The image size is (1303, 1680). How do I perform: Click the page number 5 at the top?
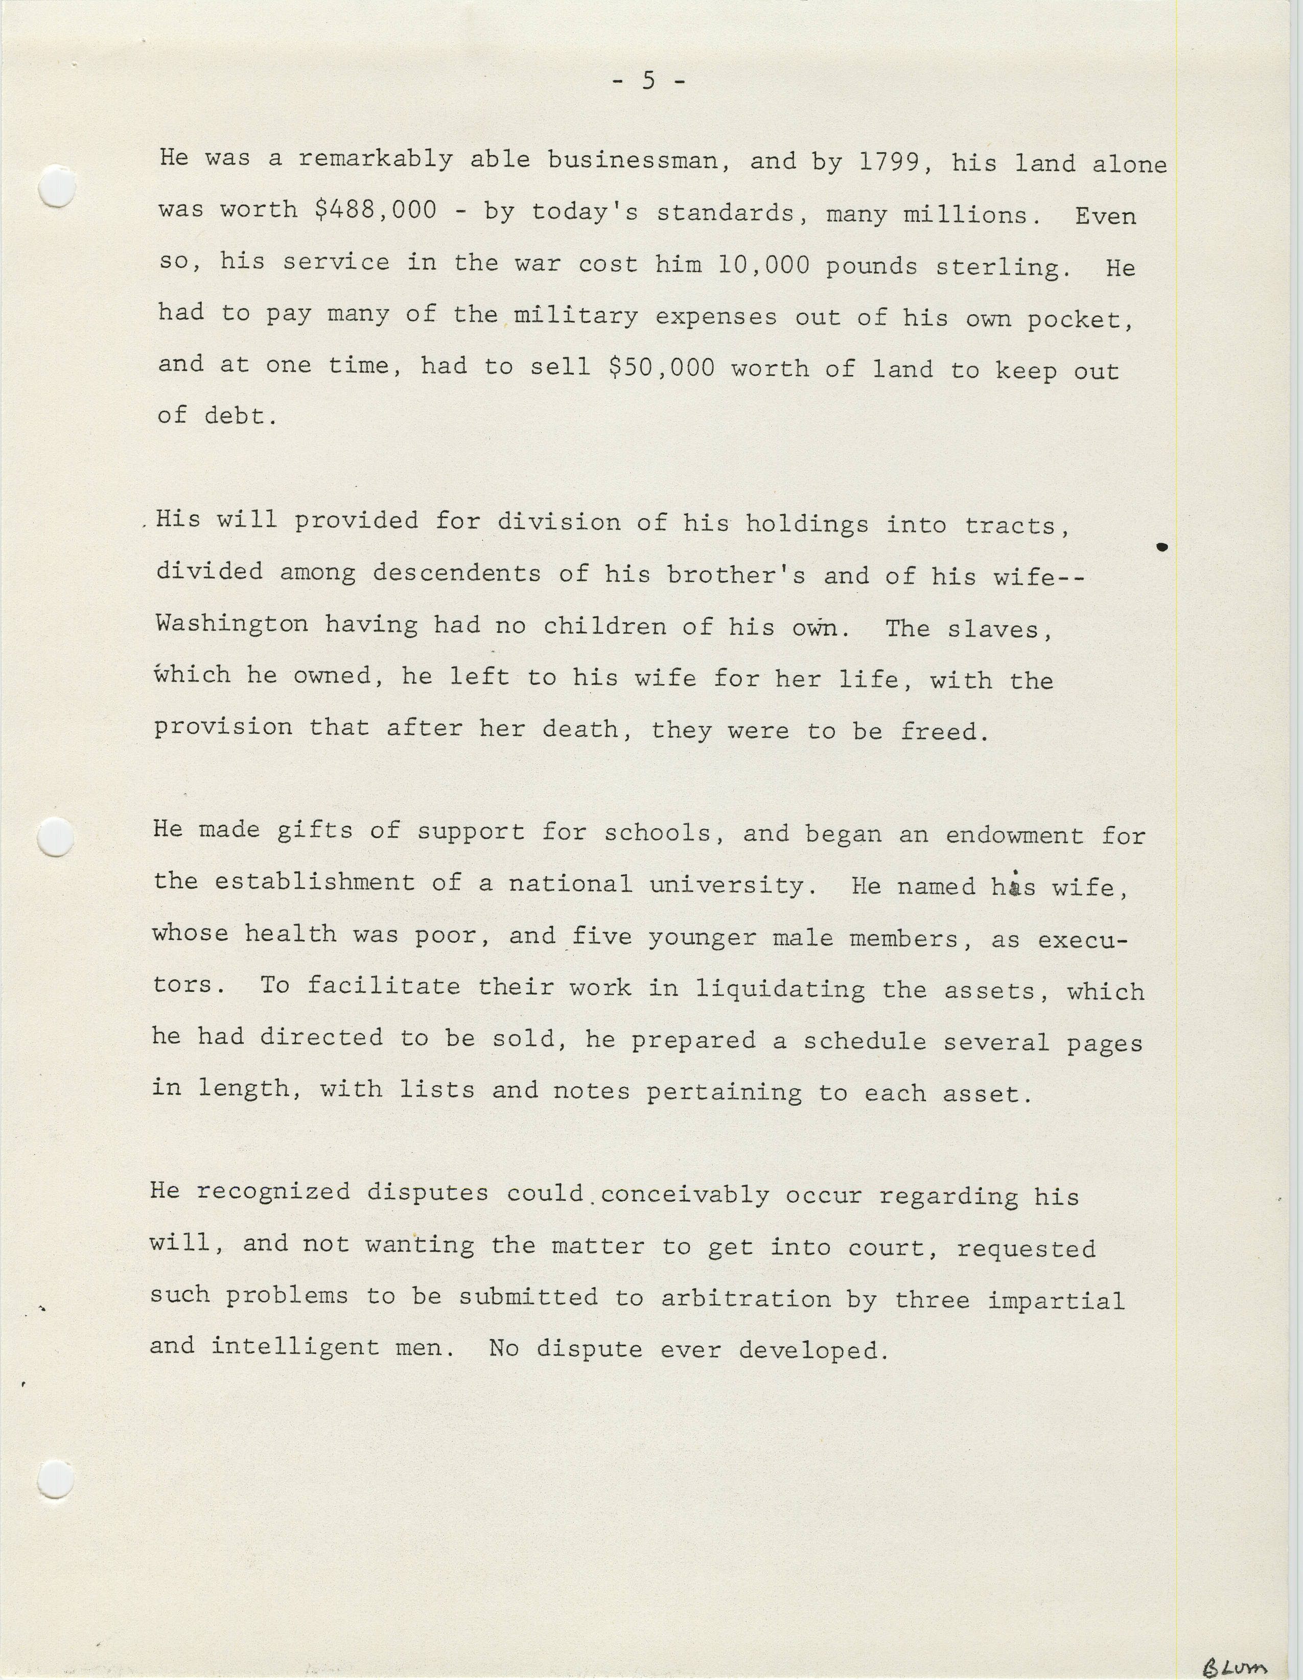[648, 80]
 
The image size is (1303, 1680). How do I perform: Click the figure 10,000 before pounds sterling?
[764, 265]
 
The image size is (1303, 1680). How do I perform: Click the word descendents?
[457, 573]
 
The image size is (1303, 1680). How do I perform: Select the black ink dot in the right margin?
[1162, 547]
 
